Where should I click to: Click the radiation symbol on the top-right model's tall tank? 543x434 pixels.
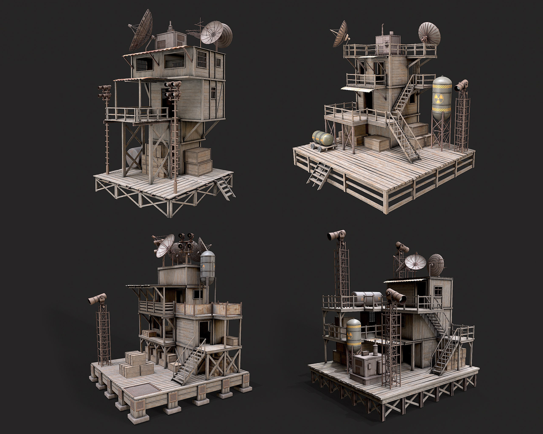point(438,99)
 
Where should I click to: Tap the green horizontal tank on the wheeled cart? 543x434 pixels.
point(323,138)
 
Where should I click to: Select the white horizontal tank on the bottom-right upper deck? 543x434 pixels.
point(367,299)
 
